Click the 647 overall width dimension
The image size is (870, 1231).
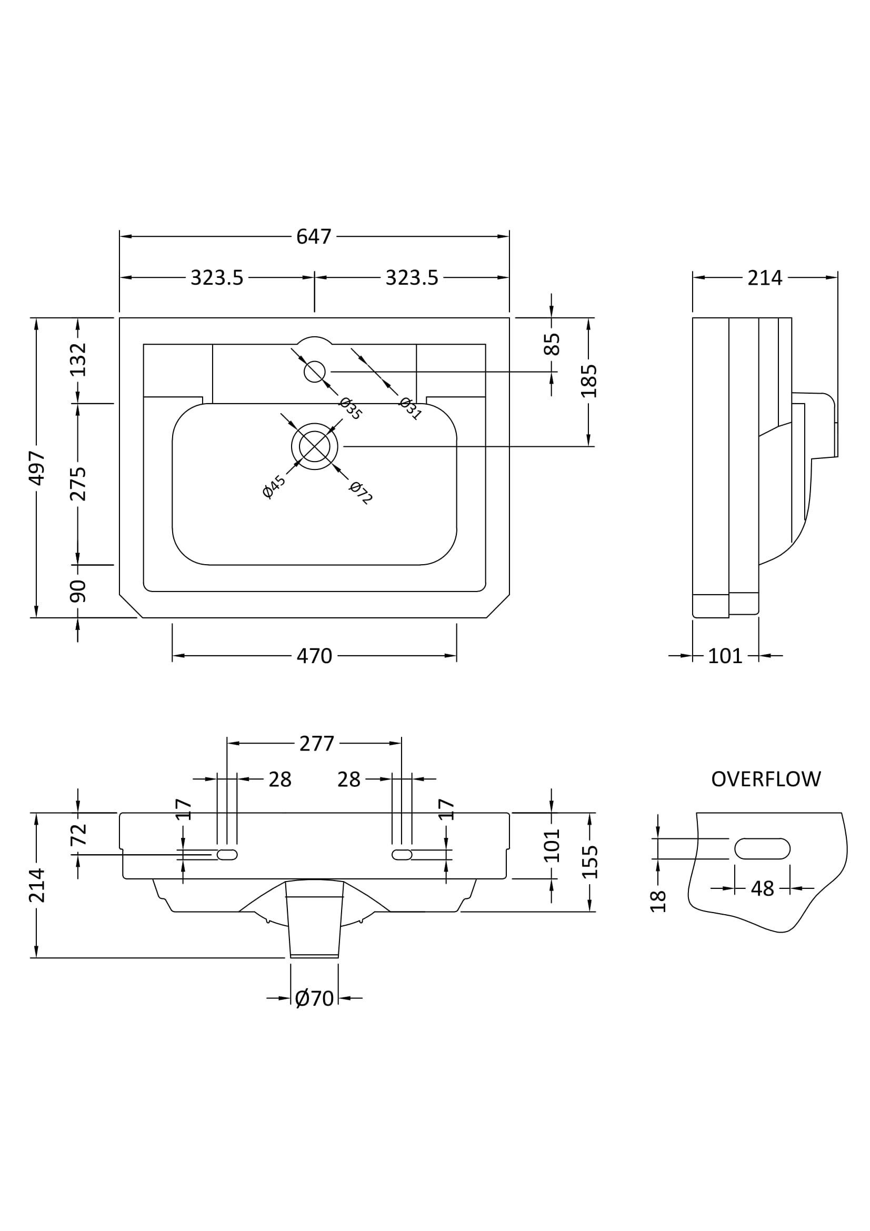tap(314, 236)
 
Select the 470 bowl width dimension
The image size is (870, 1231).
tap(314, 656)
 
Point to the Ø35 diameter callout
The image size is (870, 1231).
tap(351, 409)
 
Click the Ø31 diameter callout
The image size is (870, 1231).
tap(411, 409)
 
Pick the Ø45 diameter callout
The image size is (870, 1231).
tap(274, 486)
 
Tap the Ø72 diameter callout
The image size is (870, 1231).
tap(360, 493)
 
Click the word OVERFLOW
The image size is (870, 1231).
tap(765, 779)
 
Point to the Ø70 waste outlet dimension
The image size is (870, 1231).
tap(314, 998)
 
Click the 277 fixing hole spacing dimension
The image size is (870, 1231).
tap(316, 744)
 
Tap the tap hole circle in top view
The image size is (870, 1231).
tap(315, 372)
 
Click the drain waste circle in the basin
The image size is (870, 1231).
tap(315, 446)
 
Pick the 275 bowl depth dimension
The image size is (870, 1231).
tap(78, 484)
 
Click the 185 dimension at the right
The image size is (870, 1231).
tap(588, 381)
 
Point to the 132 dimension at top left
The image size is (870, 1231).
tap(78, 359)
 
